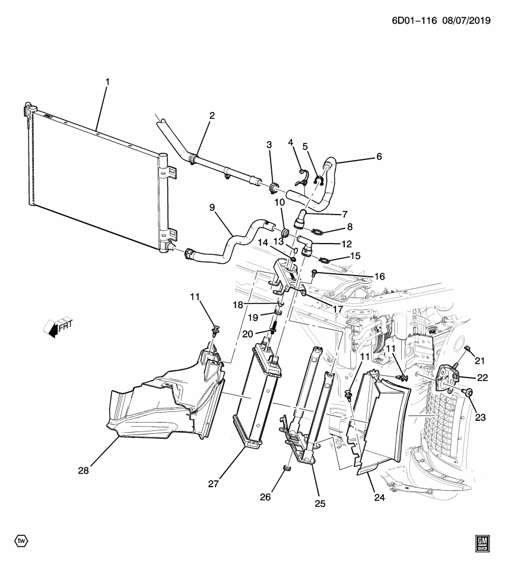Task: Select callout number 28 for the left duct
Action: [x=84, y=471]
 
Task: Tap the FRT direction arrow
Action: [x=58, y=327]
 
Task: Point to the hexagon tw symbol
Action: [x=21, y=541]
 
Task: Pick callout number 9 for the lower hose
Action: [x=211, y=208]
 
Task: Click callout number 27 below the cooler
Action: [x=214, y=484]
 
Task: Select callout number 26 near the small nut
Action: [x=265, y=497]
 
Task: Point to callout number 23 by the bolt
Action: [x=479, y=417]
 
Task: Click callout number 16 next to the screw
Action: [x=379, y=276]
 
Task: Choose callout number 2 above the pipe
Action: [x=211, y=116]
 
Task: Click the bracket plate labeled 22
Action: [x=448, y=378]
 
